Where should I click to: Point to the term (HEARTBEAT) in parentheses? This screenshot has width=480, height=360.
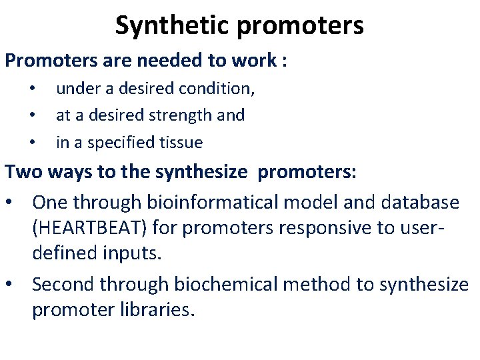[x=90, y=228]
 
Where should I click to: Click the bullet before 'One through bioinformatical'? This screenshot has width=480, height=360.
[x=13, y=202]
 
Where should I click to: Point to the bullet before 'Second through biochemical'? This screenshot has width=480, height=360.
[x=13, y=285]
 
